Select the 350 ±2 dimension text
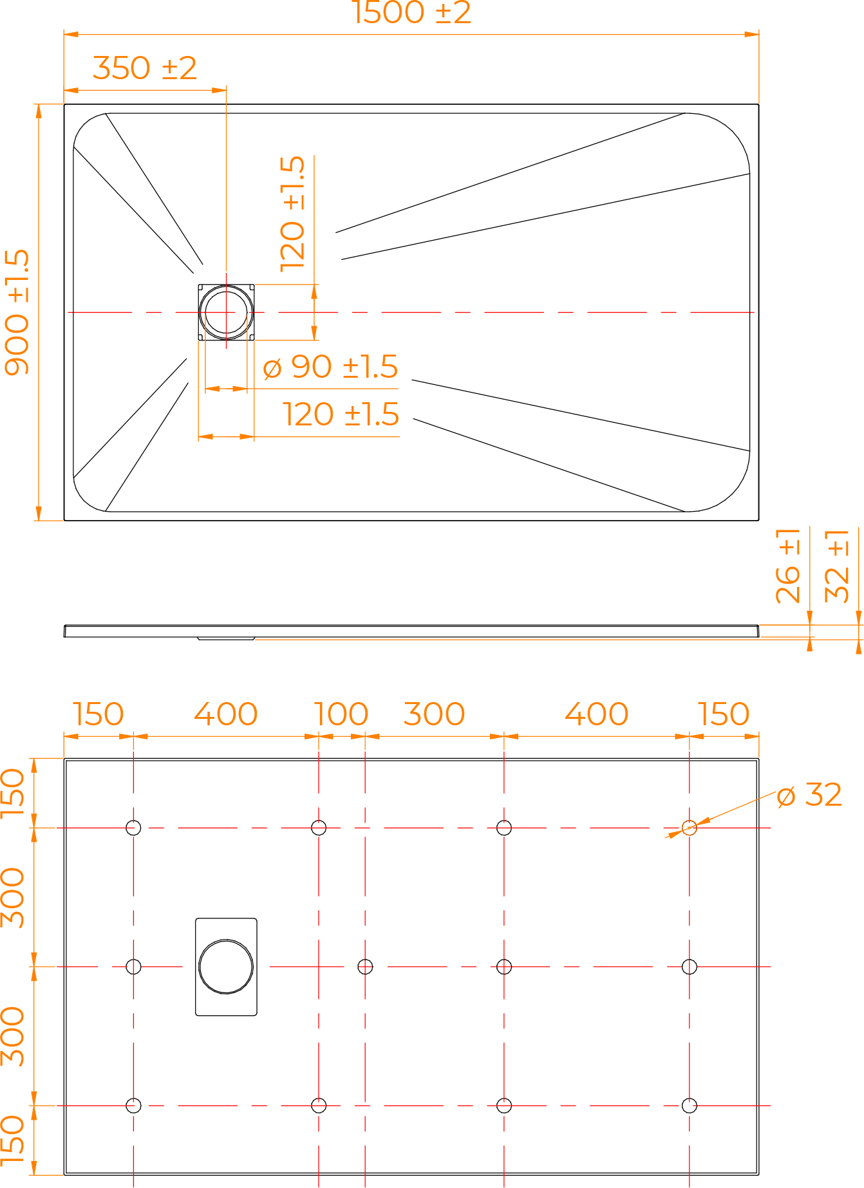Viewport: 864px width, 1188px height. click(x=144, y=68)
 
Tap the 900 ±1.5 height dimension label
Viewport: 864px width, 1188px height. click(x=17, y=312)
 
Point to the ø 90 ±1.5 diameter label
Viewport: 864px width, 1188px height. click(x=331, y=367)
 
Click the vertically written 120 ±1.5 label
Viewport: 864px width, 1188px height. click(x=292, y=213)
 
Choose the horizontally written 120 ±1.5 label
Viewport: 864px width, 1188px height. click(x=341, y=414)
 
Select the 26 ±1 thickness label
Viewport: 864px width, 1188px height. click(x=788, y=566)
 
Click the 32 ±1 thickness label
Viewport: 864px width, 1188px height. click(x=837, y=566)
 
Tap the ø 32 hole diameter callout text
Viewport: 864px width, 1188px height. click(x=809, y=795)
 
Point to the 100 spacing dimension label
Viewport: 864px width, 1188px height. click(x=341, y=714)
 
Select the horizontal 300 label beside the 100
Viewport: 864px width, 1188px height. click(x=434, y=714)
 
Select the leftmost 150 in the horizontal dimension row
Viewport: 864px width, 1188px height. click(x=98, y=714)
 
